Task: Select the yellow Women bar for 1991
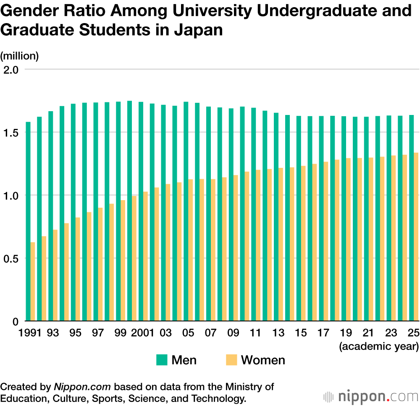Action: pyautogui.click(x=33, y=282)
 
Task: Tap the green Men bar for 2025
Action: pyautogui.click(x=412, y=218)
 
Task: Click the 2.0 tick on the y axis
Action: pyautogui.click(x=11, y=69)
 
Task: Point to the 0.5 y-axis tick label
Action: pyautogui.click(x=11, y=258)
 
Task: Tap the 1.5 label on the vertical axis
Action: pyautogui.click(x=11, y=133)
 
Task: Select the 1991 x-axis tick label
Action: pyautogui.click(x=30, y=333)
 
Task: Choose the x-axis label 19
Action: pyautogui.click(x=345, y=333)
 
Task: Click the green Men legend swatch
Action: pyautogui.click(x=162, y=360)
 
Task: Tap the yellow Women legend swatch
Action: pyautogui.click(x=231, y=360)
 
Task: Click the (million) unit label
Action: pyautogui.click(x=19, y=56)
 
